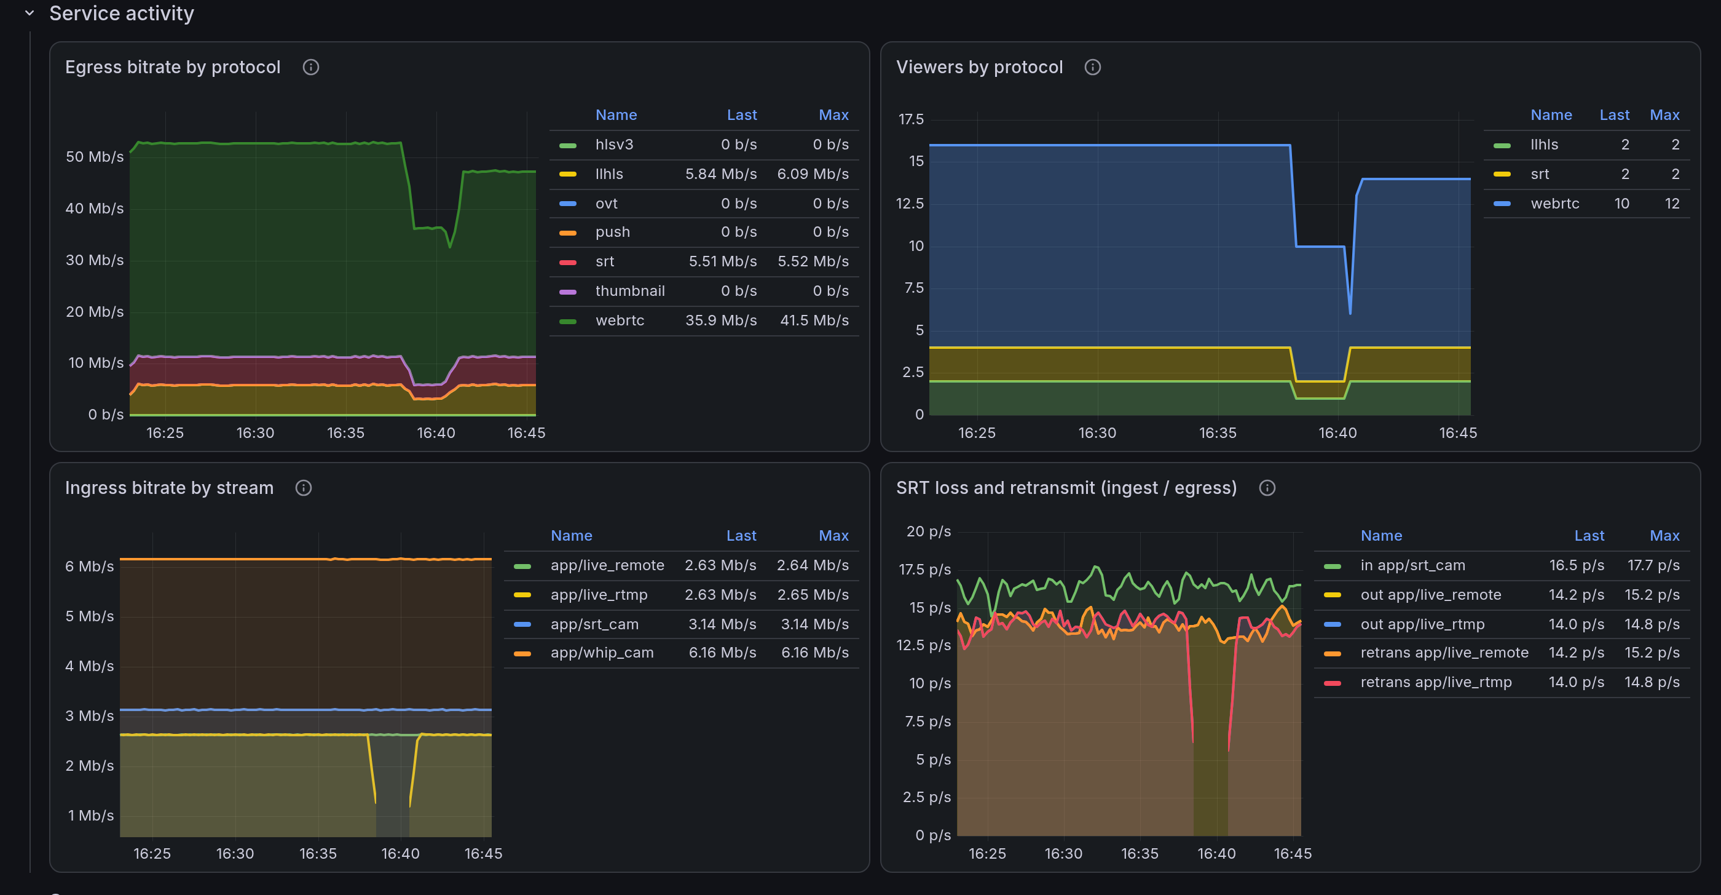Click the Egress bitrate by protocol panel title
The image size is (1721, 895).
pyautogui.click(x=172, y=67)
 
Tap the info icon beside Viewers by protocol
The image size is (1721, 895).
pyautogui.click(x=1092, y=67)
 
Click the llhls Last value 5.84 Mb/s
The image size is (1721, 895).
pyautogui.click(x=721, y=174)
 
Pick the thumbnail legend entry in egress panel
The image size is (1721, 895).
pyautogui.click(x=630, y=291)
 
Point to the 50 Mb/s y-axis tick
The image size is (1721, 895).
pyautogui.click(x=94, y=156)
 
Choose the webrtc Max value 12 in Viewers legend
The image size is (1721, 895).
pyautogui.click(x=1672, y=203)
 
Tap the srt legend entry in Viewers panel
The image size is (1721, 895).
pyautogui.click(x=1539, y=174)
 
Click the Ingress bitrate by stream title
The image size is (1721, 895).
pyautogui.click(x=169, y=488)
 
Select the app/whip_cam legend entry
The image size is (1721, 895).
pyautogui.click(x=602, y=653)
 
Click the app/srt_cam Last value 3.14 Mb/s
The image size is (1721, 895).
pyautogui.click(x=722, y=624)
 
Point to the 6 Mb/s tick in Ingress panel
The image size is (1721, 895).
pyautogui.click(x=90, y=566)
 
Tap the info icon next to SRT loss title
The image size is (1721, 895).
pyautogui.click(x=1267, y=488)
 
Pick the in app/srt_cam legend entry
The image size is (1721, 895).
pyautogui.click(x=1412, y=565)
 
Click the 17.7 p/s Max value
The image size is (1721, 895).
pyautogui.click(x=1653, y=565)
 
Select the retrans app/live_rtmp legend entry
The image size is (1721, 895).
pyautogui.click(x=1436, y=682)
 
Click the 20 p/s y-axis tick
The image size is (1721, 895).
pyautogui.click(x=928, y=531)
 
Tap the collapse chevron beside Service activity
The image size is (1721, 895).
pyautogui.click(x=30, y=13)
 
